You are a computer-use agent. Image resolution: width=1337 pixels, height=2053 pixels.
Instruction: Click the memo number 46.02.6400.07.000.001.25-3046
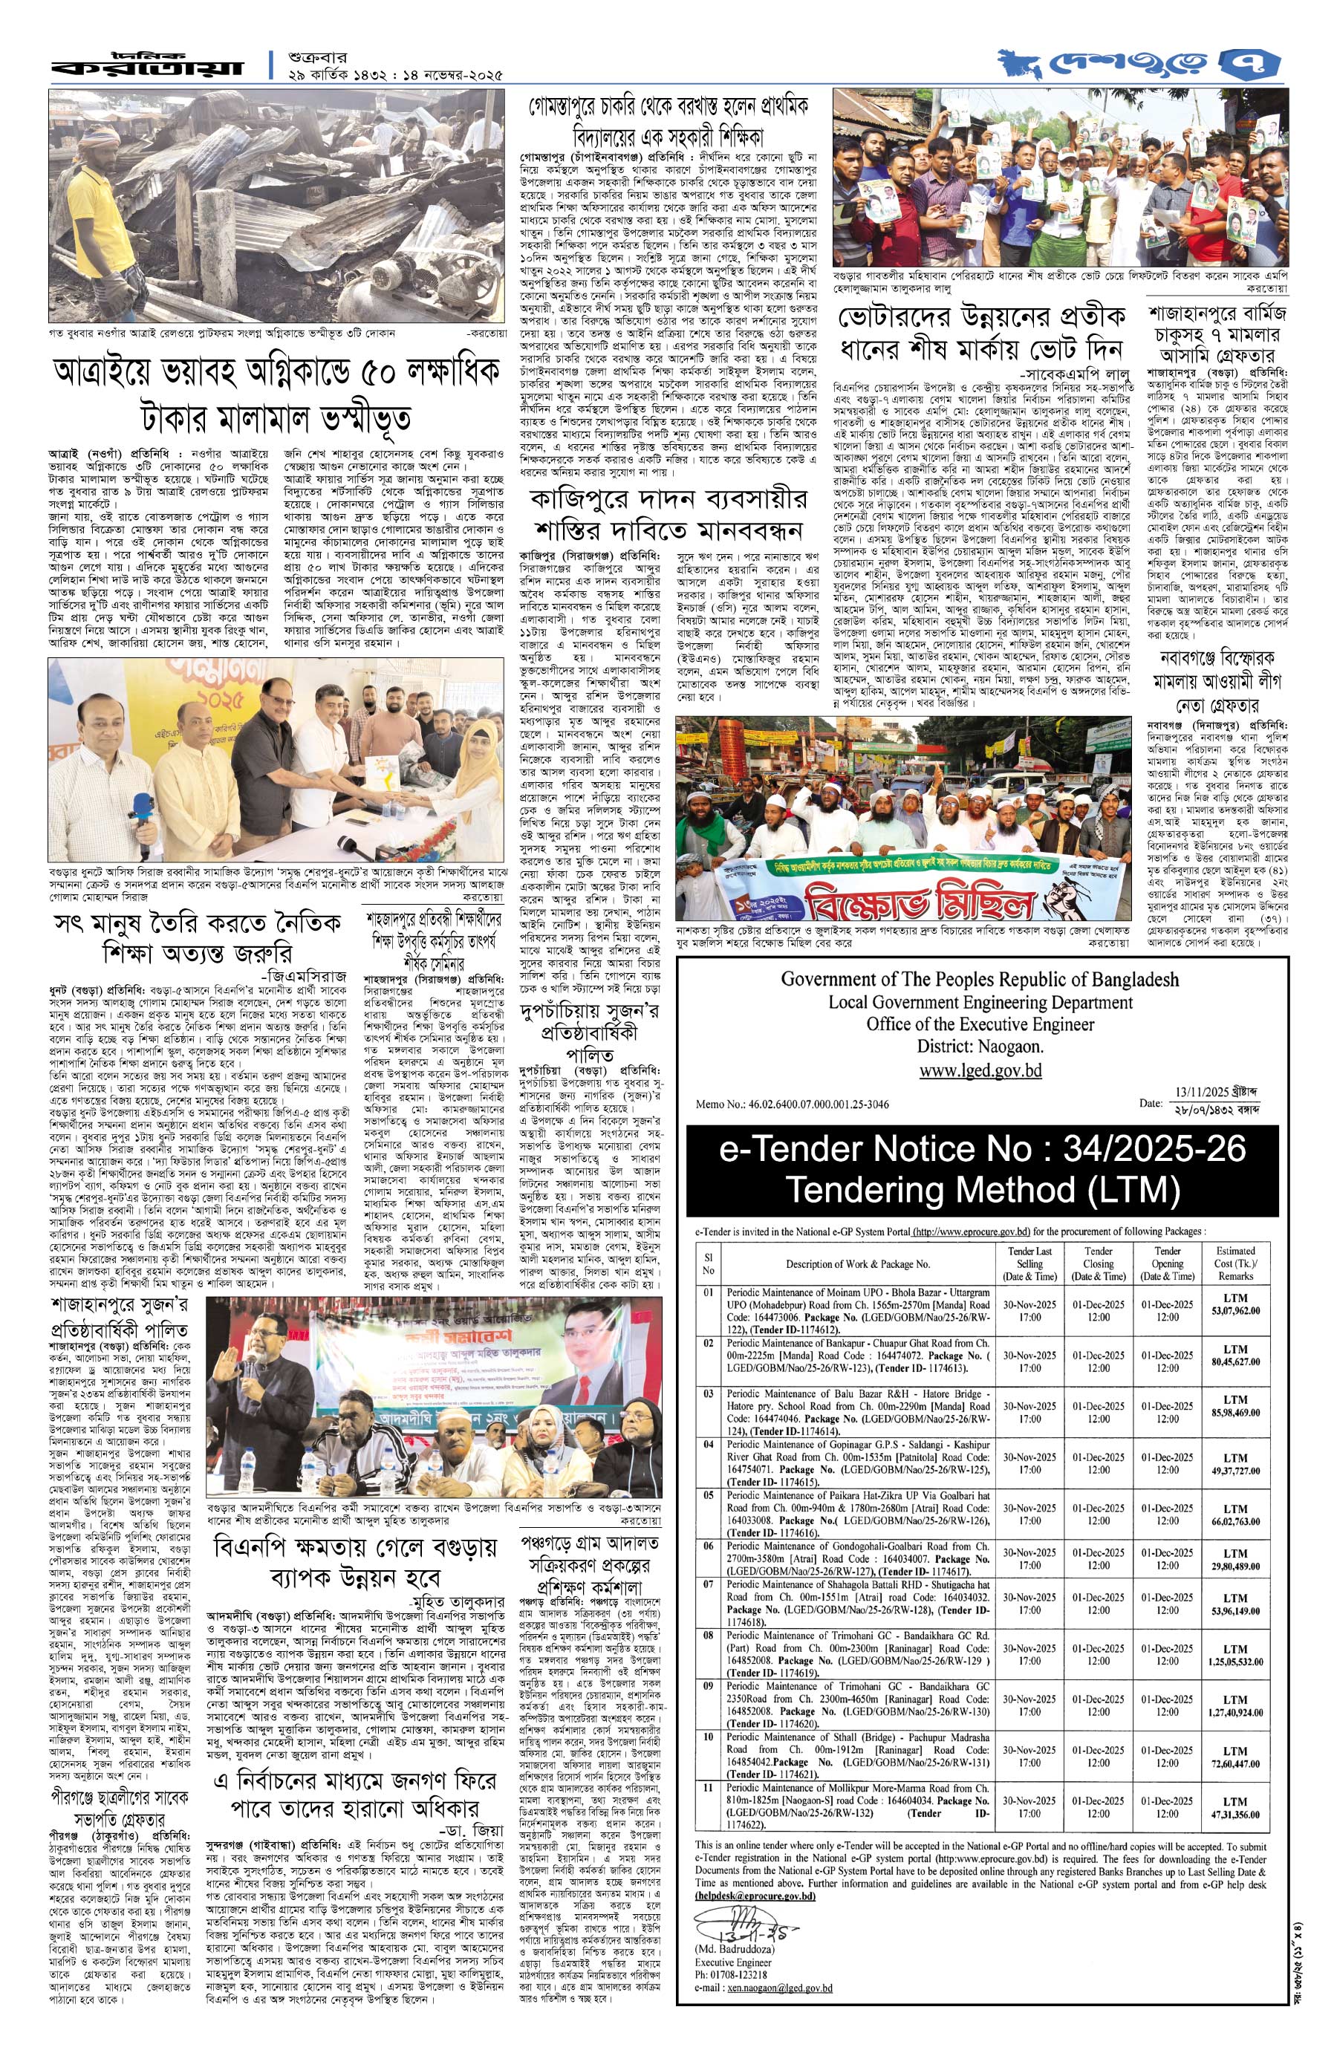(792, 1103)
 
